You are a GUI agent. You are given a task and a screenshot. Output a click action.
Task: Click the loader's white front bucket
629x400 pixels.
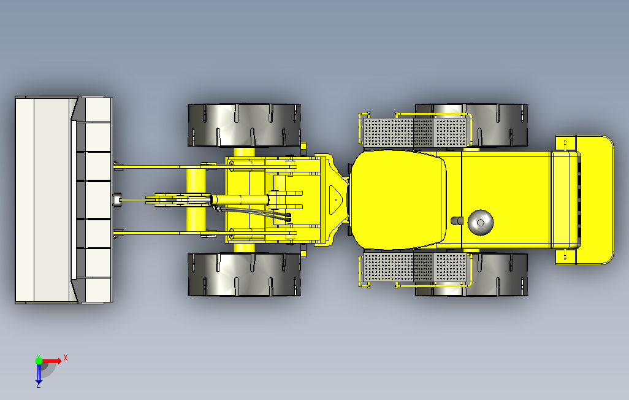46,200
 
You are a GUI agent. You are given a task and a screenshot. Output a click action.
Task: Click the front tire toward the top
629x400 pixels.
243,125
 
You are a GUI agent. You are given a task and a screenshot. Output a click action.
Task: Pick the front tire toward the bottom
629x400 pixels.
243,274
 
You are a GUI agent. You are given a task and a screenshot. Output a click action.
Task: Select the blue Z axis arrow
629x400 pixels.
38,373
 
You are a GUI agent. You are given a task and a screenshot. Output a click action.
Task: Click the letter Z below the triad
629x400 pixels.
38,385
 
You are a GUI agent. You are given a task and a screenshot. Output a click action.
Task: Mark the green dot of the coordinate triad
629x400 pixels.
39,361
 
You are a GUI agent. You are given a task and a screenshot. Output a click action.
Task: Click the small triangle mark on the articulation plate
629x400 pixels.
335,199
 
